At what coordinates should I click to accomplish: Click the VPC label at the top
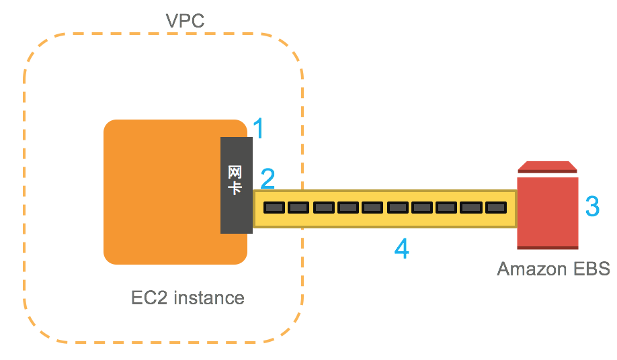[185, 20]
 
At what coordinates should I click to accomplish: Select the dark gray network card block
[236, 185]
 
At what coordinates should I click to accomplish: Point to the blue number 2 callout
[268, 179]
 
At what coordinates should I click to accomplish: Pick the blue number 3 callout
[592, 206]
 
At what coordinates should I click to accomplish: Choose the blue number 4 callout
[401, 249]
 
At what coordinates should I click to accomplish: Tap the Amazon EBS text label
[552, 269]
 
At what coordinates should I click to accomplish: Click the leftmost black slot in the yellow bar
[273, 208]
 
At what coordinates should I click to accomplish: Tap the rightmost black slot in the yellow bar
[495, 208]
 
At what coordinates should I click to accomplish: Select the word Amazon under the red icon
[530, 269]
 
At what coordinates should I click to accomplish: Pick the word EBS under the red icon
[589, 269]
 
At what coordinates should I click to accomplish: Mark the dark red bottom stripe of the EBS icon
[547, 247]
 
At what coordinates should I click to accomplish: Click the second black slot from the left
[297, 208]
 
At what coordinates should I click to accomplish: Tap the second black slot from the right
[470, 208]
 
